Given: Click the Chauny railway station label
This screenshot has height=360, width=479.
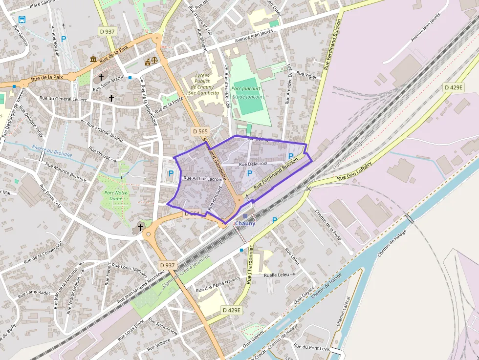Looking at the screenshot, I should [x=245, y=223].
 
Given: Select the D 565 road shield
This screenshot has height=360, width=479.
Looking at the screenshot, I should [x=200, y=131].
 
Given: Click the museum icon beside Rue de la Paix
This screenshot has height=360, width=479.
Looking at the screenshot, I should [x=93, y=60].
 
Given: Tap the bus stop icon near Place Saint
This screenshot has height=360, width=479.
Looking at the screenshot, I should [x=22, y=20].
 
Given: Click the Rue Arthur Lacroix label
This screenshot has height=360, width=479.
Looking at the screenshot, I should [x=202, y=179].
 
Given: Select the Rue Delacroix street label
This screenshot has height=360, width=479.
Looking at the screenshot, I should [x=253, y=164].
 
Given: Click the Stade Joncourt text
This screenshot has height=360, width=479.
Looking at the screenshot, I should [x=248, y=97].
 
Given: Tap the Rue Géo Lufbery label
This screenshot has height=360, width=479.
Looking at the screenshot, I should [x=354, y=171].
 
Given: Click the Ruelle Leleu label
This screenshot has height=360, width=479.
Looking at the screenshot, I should [x=277, y=275].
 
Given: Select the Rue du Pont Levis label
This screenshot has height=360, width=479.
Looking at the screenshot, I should [x=311, y=348].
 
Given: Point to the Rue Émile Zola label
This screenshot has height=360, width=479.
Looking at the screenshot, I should [x=51, y=196].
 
